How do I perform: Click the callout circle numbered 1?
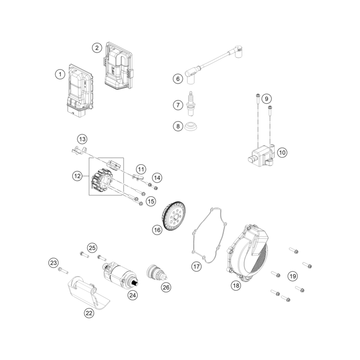[60, 74]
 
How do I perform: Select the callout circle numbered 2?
[97, 47]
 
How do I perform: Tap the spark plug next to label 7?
[192, 104]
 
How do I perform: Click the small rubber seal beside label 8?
[193, 128]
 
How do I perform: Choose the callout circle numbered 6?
[178, 78]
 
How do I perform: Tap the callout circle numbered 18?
[235, 285]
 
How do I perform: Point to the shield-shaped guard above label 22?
[88, 292]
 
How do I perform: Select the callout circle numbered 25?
[92, 248]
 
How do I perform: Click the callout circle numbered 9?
[266, 99]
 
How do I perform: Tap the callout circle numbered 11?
[141, 169]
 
